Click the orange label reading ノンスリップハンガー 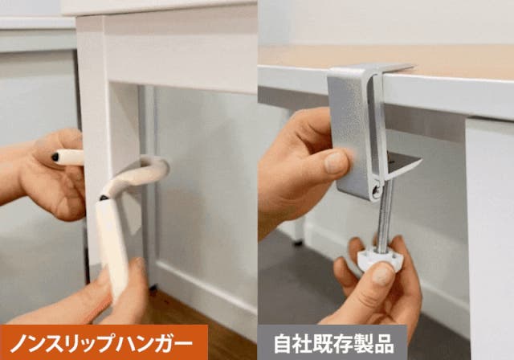tap(104, 342)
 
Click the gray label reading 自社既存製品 tap(332, 342)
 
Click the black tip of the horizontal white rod tap(55, 157)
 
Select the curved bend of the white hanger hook tap(154, 166)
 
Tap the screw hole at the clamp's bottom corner tap(376, 190)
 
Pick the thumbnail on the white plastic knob tap(383, 273)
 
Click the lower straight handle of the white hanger tap(112, 247)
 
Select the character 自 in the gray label tap(283, 343)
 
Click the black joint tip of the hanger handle tap(104, 198)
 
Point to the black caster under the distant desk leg tap(298, 243)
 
